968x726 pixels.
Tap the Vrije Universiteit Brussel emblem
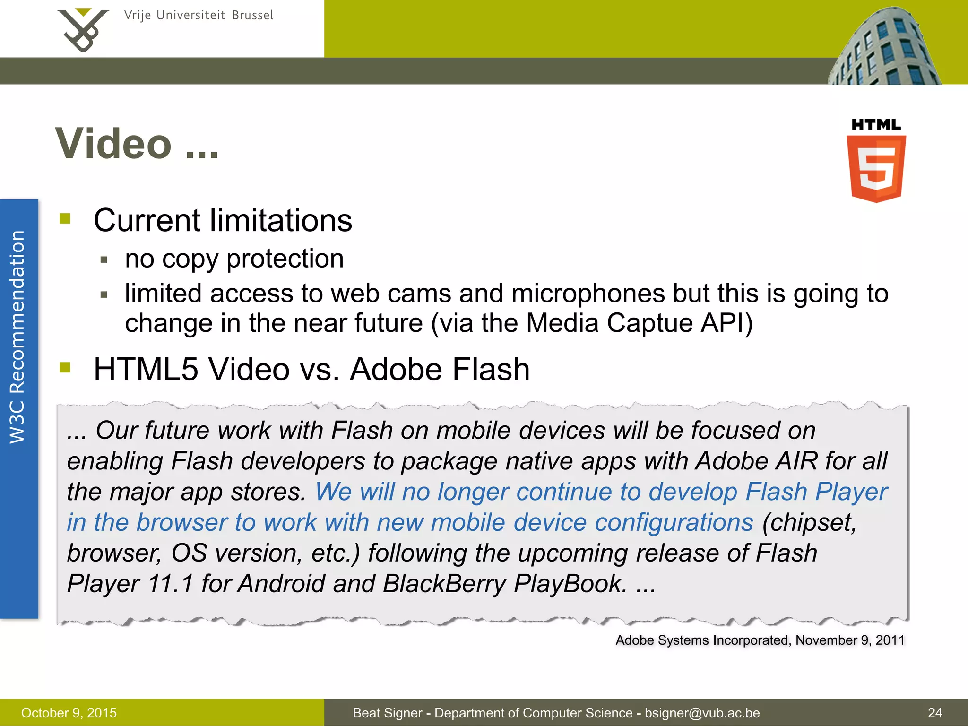click(83, 30)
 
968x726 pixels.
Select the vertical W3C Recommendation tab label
click(17, 337)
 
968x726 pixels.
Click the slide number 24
click(934, 713)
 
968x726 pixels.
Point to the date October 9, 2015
click(69, 713)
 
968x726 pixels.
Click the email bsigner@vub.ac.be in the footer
click(702, 713)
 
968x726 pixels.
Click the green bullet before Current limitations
click(65, 218)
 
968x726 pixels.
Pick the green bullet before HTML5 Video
click(65, 367)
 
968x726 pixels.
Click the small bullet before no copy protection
click(104, 259)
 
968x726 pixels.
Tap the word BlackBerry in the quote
click(444, 583)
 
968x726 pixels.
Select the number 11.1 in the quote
click(170, 583)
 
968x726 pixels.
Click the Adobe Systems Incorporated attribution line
click(760, 640)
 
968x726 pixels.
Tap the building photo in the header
click(884, 47)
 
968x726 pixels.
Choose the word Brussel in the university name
click(252, 16)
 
